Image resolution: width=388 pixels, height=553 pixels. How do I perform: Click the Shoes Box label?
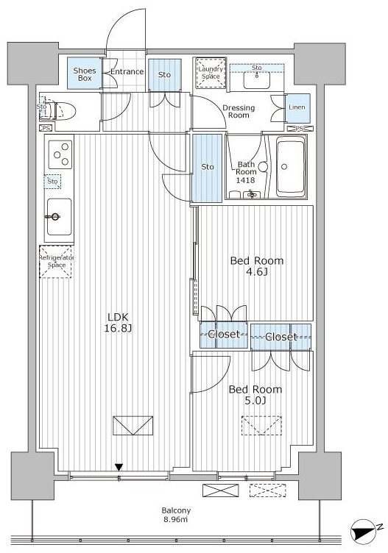point(85,74)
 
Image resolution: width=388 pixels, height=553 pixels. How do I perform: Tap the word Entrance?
point(127,71)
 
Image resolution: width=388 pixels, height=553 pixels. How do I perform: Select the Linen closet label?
point(297,107)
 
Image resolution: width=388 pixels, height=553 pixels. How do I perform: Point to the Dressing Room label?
point(239,112)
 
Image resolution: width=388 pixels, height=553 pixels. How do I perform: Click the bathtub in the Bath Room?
point(291,166)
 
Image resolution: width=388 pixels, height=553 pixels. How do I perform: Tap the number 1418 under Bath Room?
point(245,180)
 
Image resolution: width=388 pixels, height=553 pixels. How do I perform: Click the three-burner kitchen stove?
point(60,154)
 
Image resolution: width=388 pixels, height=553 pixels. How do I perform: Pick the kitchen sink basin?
point(60,217)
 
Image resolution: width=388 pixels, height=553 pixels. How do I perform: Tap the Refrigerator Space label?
point(57,261)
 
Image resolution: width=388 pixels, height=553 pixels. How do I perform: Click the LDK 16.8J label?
point(118,323)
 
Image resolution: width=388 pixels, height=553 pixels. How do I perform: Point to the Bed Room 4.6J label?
point(257,266)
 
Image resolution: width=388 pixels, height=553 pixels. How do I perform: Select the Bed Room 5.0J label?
point(255,395)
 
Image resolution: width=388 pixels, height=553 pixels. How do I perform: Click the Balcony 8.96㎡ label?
point(176,515)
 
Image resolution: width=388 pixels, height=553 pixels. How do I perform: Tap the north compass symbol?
point(363,530)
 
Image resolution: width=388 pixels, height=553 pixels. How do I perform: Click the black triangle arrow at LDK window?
point(119,467)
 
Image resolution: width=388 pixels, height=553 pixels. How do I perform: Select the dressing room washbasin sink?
point(257,79)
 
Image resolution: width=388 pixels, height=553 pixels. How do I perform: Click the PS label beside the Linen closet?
point(300,129)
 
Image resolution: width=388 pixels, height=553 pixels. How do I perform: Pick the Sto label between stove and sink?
point(52,182)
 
